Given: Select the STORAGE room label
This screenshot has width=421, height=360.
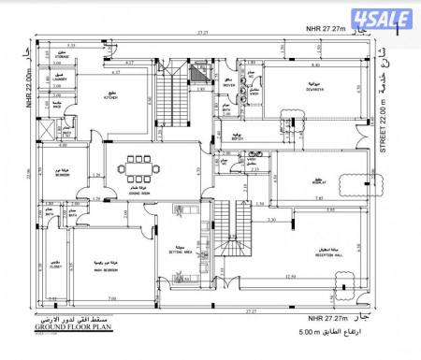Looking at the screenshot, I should [62, 58].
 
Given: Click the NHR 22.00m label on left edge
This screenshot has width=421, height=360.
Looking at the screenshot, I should [28, 75].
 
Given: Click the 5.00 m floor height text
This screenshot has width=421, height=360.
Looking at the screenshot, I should [322, 332].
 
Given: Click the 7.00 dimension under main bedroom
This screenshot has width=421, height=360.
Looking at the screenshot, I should [112, 298].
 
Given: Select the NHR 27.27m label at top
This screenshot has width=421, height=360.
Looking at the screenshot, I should [327, 29].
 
